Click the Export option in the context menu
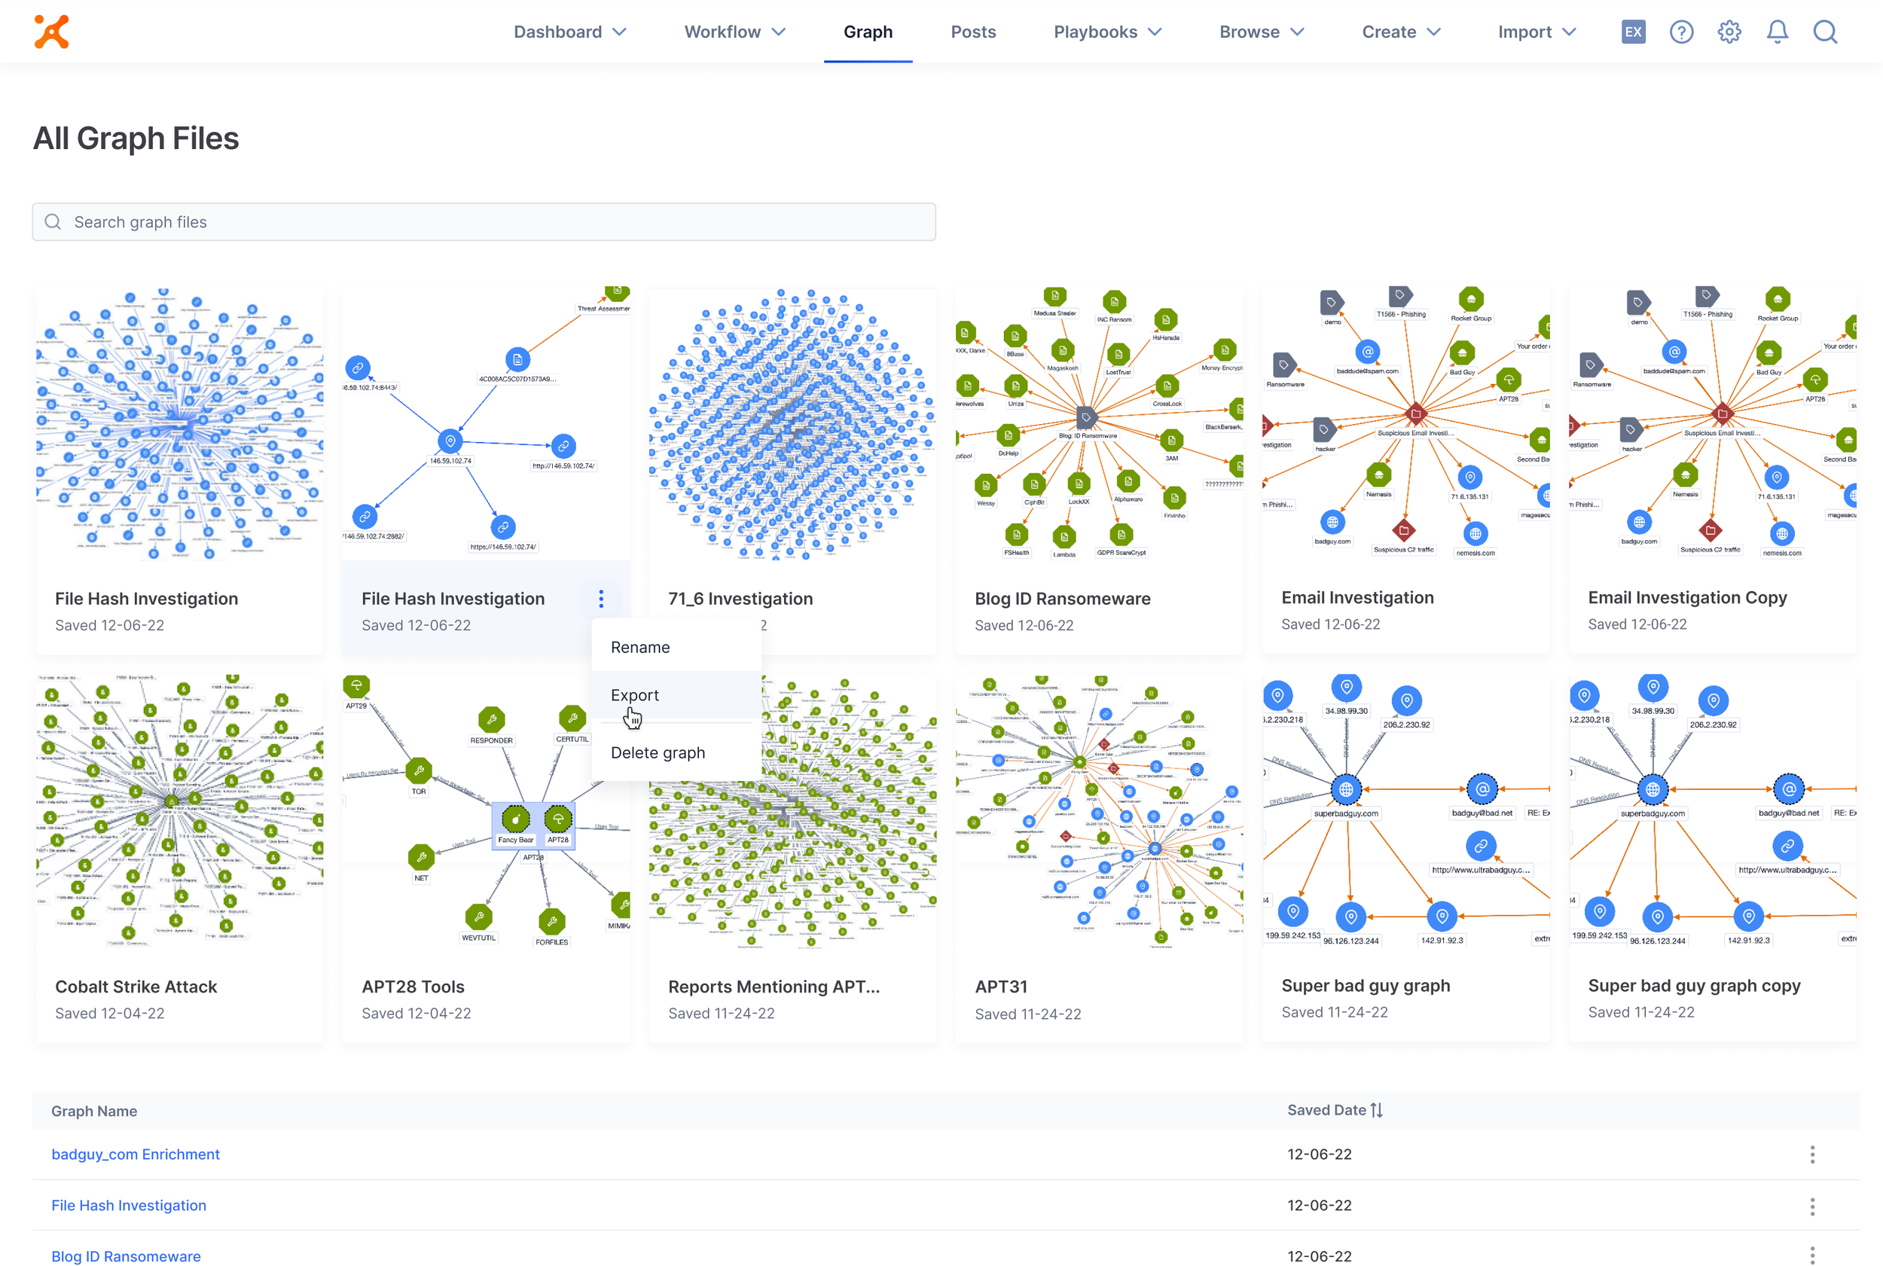[x=635, y=695]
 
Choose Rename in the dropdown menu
[x=639, y=648]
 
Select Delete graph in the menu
[x=658, y=752]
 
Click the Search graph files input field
[x=484, y=222]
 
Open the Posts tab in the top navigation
[x=973, y=32]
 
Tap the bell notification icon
[x=1776, y=32]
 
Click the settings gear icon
[x=1729, y=32]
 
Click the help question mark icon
[x=1681, y=32]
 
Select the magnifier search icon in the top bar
[x=1825, y=32]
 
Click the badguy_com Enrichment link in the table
[x=136, y=1155]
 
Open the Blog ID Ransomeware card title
[x=1062, y=599]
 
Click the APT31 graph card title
[x=1000, y=987]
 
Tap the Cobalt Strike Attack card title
[x=136, y=987]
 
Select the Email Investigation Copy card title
[x=1686, y=597]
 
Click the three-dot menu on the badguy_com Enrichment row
[x=1812, y=1155]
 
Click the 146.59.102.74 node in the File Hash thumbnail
[x=450, y=441]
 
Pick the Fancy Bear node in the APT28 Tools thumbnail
[x=515, y=820]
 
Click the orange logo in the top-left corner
[x=52, y=32]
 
